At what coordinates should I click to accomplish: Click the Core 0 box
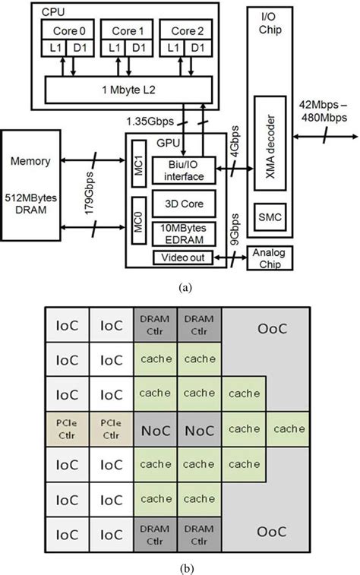(65, 31)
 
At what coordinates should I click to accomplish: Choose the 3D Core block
(182, 204)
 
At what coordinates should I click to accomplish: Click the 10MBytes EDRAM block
(182, 233)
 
